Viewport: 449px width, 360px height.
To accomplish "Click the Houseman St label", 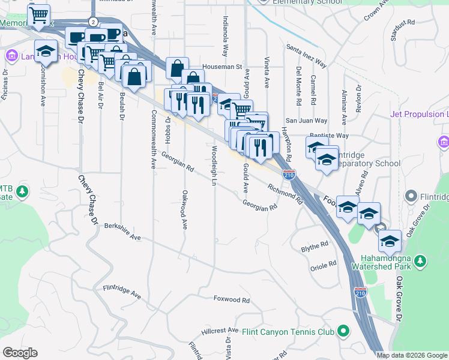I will coord(222,67).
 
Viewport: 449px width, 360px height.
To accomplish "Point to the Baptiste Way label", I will coord(329,136).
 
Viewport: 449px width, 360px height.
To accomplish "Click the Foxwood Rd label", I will coord(232,299).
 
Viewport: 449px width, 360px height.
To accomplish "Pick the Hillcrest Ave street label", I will coord(220,331).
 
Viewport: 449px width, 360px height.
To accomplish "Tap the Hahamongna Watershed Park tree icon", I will coord(421,260).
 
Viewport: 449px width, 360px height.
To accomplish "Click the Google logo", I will coord(20,353).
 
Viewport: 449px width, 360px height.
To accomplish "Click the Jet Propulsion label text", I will coord(419,114).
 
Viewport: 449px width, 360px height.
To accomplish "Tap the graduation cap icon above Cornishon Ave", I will coord(46,51).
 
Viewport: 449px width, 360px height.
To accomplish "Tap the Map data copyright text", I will coord(411,355).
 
